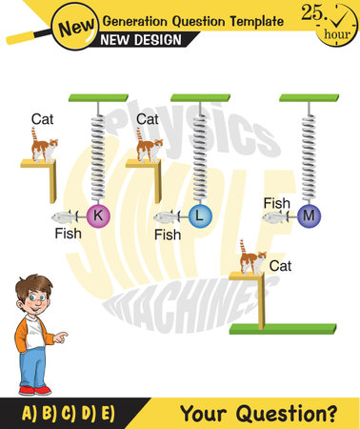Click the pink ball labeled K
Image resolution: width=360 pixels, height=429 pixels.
pyautogui.click(x=97, y=216)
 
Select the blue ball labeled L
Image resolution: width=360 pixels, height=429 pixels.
pyautogui.click(x=200, y=216)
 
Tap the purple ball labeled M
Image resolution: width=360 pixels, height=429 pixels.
pyautogui.click(x=308, y=216)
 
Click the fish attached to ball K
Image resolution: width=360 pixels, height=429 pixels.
pyautogui.click(x=68, y=216)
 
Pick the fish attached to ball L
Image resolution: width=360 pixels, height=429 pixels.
pyautogui.click(x=170, y=217)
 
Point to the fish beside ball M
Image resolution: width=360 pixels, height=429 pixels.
pyautogui.click(x=277, y=217)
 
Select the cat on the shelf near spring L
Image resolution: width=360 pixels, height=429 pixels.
pyautogui.click(x=150, y=146)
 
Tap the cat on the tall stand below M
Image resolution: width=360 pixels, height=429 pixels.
pyautogui.click(x=252, y=257)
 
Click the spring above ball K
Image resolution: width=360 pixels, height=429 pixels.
pyautogui.click(x=97, y=153)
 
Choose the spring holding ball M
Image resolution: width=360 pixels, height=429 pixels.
pyautogui.click(x=308, y=153)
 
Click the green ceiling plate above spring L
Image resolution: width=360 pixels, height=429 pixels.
pyautogui.click(x=200, y=97)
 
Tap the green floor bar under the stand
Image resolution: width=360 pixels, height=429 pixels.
pyautogui.click(x=283, y=329)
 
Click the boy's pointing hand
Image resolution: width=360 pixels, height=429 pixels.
pyautogui.click(x=61, y=336)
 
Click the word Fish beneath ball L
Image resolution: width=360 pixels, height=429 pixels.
pyautogui.click(x=168, y=235)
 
